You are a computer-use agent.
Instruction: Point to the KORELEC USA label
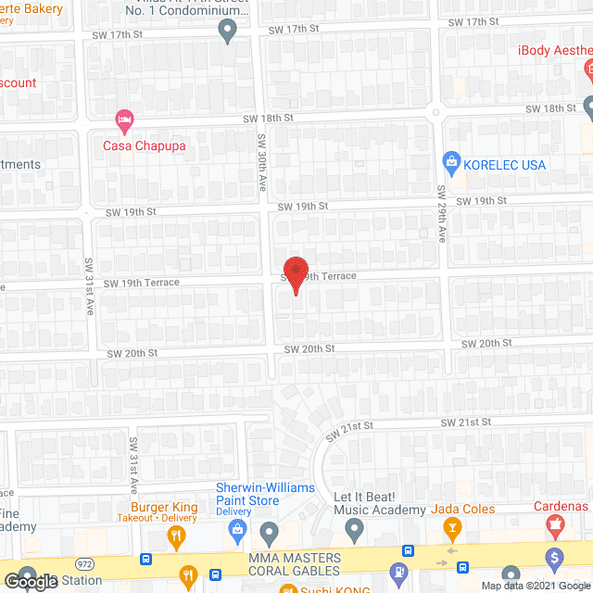pos(506,165)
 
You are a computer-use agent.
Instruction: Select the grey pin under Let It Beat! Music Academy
pos(354,531)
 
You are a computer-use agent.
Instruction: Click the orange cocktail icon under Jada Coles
pos(452,531)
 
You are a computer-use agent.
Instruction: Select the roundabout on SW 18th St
pos(435,112)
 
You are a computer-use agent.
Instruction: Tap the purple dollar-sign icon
pos(555,560)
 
